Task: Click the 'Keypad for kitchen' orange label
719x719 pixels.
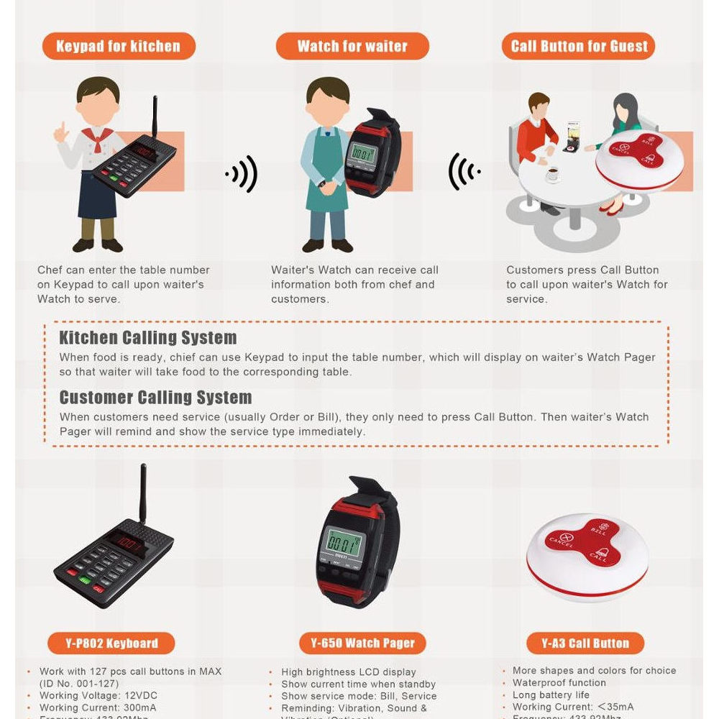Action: pos(118,47)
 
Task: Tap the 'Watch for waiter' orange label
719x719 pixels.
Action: pos(352,47)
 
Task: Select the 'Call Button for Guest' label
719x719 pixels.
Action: pos(579,47)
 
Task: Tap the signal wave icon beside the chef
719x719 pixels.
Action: pos(242,173)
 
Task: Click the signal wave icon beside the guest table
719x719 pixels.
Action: pos(464,171)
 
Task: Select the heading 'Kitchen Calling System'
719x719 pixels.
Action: pos(147,338)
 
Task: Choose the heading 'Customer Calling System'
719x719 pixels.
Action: pos(155,398)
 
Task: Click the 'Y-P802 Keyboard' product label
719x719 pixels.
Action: pos(113,643)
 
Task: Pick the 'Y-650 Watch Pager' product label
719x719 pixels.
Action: pos(362,643)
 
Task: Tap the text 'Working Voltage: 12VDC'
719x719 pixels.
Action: pos(98,696)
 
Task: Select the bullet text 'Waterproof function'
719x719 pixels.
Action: pos(559,683)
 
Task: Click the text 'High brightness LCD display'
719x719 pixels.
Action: pos(348,672)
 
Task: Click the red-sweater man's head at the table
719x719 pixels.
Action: pos(539,104)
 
